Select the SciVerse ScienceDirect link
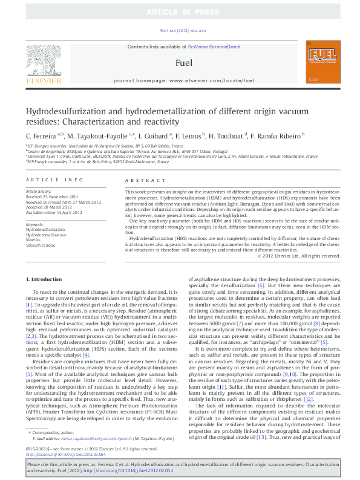[x=214, y=47]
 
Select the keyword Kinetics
[x=33, y=240]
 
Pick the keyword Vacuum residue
[x=40, y=245]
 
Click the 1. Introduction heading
[x=45, y=279]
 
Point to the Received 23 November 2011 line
[x=51, y=196]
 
